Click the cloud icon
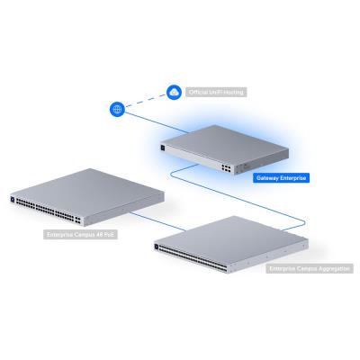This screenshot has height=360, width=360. [x=175, y=91]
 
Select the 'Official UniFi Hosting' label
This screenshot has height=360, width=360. [x=215, y=92]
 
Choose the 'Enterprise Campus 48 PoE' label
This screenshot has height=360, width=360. [x=80, y=235]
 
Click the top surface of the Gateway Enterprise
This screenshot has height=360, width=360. [x=216, y=135]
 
